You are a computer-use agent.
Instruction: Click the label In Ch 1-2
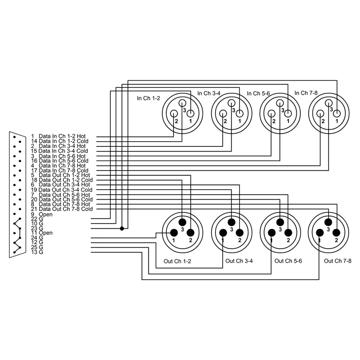pos(148,98)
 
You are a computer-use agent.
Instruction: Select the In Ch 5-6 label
pos(258,94)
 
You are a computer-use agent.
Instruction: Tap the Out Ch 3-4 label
pos(239,261)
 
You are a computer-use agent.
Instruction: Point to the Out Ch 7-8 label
pos(338,261)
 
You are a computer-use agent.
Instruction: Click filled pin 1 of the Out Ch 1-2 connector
pos(174,233)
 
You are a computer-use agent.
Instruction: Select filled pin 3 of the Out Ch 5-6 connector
pos(280,222)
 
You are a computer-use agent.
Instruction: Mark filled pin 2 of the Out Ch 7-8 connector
pos(336,233)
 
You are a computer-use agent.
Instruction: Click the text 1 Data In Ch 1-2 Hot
pos(58,136)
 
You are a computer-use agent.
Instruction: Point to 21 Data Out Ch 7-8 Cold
pos(62,209)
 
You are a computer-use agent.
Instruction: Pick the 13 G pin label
pos(37,252)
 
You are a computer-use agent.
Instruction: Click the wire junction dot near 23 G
pos(122,228)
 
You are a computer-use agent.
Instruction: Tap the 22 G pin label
pos(37,219)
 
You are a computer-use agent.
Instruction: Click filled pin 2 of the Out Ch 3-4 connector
pos(239,233)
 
